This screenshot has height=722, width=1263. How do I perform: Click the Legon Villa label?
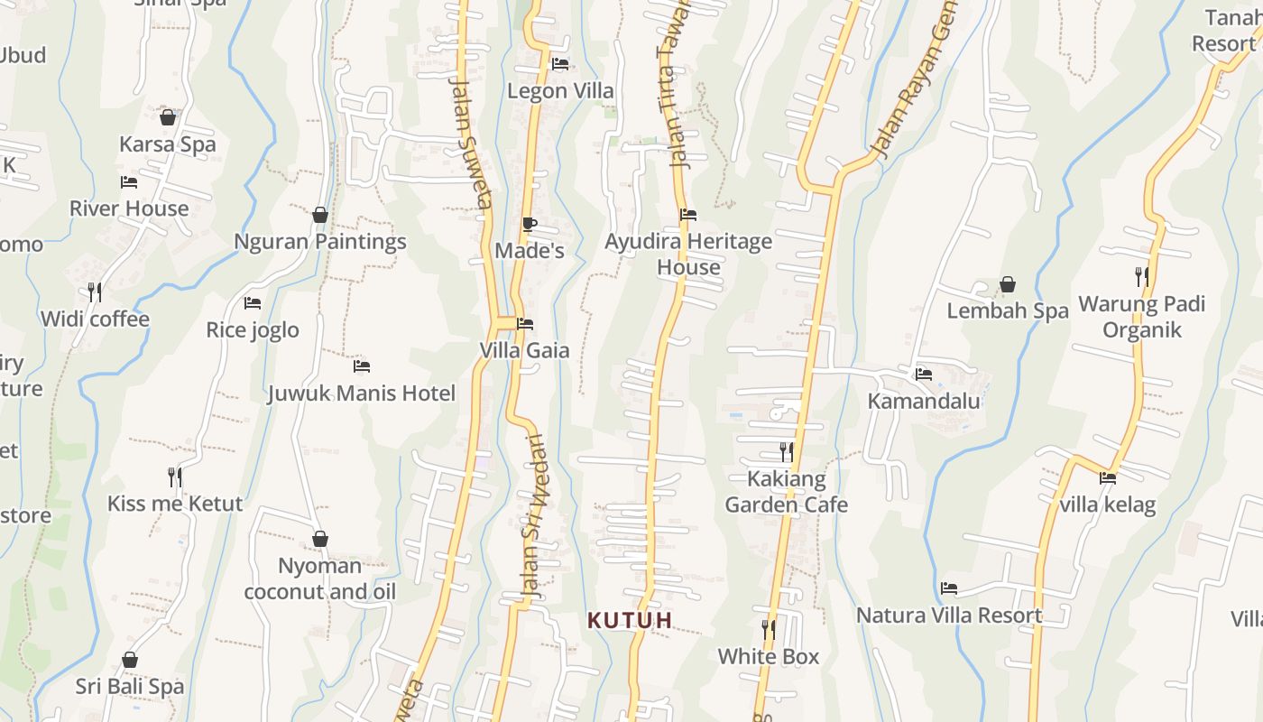pos(560,91)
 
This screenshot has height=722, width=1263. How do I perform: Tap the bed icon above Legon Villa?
pos(560,64)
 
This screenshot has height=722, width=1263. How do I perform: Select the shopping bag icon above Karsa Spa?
pos(168,117)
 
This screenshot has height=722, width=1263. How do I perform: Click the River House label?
pos(129,208)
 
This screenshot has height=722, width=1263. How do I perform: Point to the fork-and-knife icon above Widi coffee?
pos(95,292)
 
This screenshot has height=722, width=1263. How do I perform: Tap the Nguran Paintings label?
pos(320,242)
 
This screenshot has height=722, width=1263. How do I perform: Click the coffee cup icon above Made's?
pos(530,224)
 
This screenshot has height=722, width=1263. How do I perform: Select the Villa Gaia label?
pos(524,350)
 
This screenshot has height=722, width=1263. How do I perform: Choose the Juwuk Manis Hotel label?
pos(362,393)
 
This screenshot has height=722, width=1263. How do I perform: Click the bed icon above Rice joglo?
pos(253,303)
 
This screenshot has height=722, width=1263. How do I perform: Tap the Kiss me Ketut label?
pos(175,504)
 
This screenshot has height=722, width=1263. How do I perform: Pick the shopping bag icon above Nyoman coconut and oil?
pos(320,539)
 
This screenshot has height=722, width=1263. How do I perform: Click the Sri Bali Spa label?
pos(130,687)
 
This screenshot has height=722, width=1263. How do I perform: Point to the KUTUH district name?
pos(631,621)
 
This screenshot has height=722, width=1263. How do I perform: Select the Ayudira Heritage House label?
pos(688,255)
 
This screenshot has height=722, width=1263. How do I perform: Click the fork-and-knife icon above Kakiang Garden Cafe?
pos(787,451)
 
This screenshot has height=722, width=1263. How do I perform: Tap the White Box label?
pos(769,657)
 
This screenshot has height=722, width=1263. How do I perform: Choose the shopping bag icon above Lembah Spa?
pos(1008,285)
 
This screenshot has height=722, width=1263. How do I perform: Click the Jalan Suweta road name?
pos(472,143)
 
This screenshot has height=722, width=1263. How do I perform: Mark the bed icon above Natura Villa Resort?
pos(949,588)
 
